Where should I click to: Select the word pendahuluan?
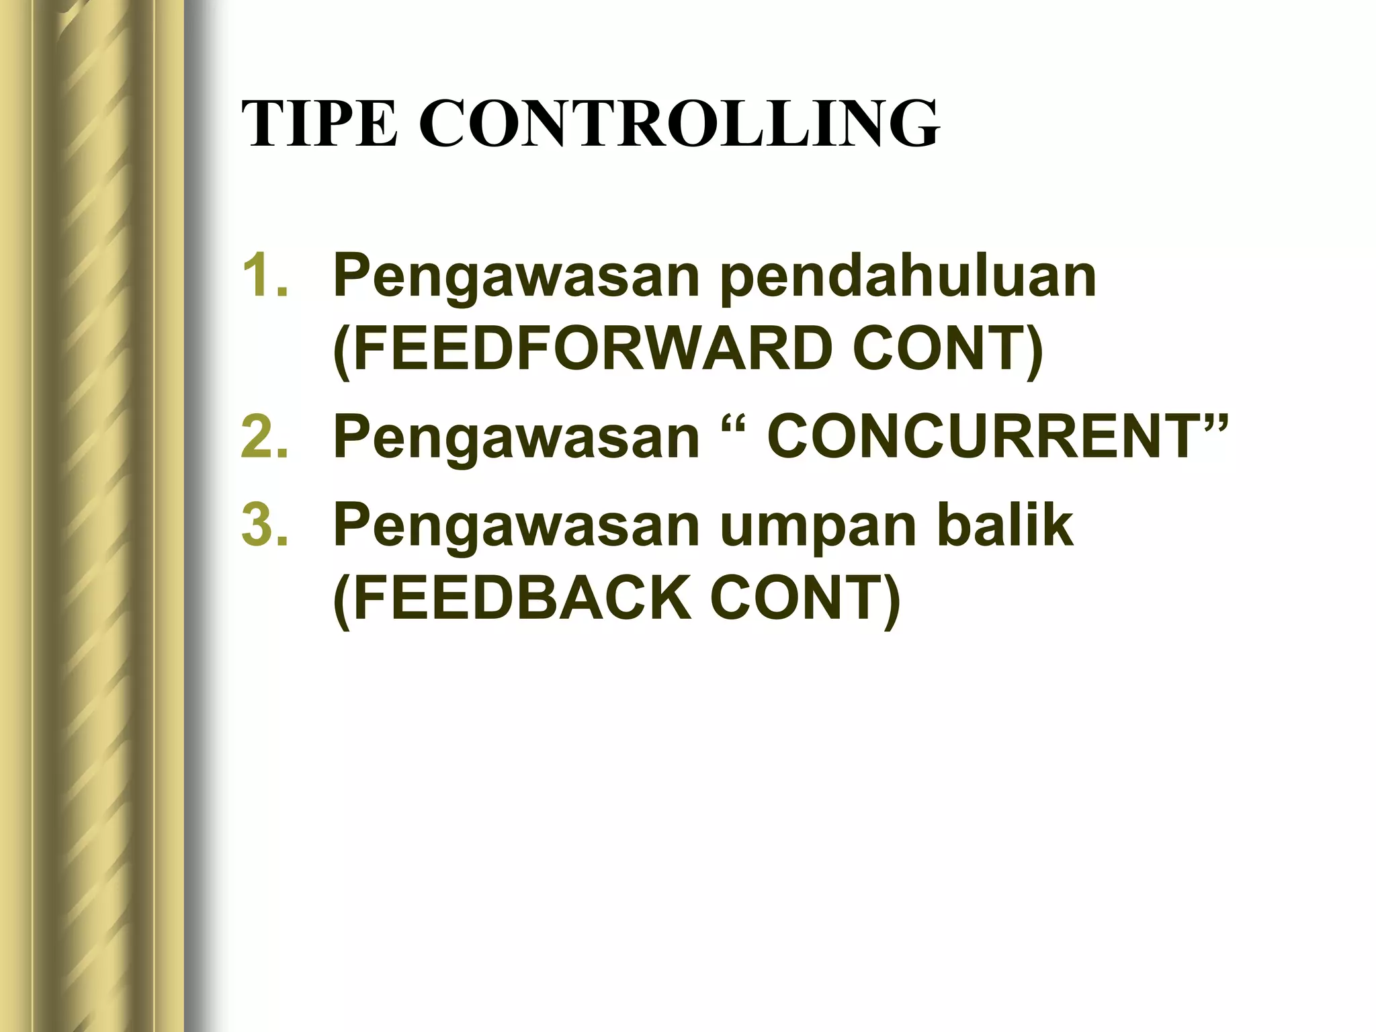point(908,277)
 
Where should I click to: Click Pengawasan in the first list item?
point(517,278)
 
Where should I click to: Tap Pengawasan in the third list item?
point(517,528)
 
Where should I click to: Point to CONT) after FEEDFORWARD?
point(947,349)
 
